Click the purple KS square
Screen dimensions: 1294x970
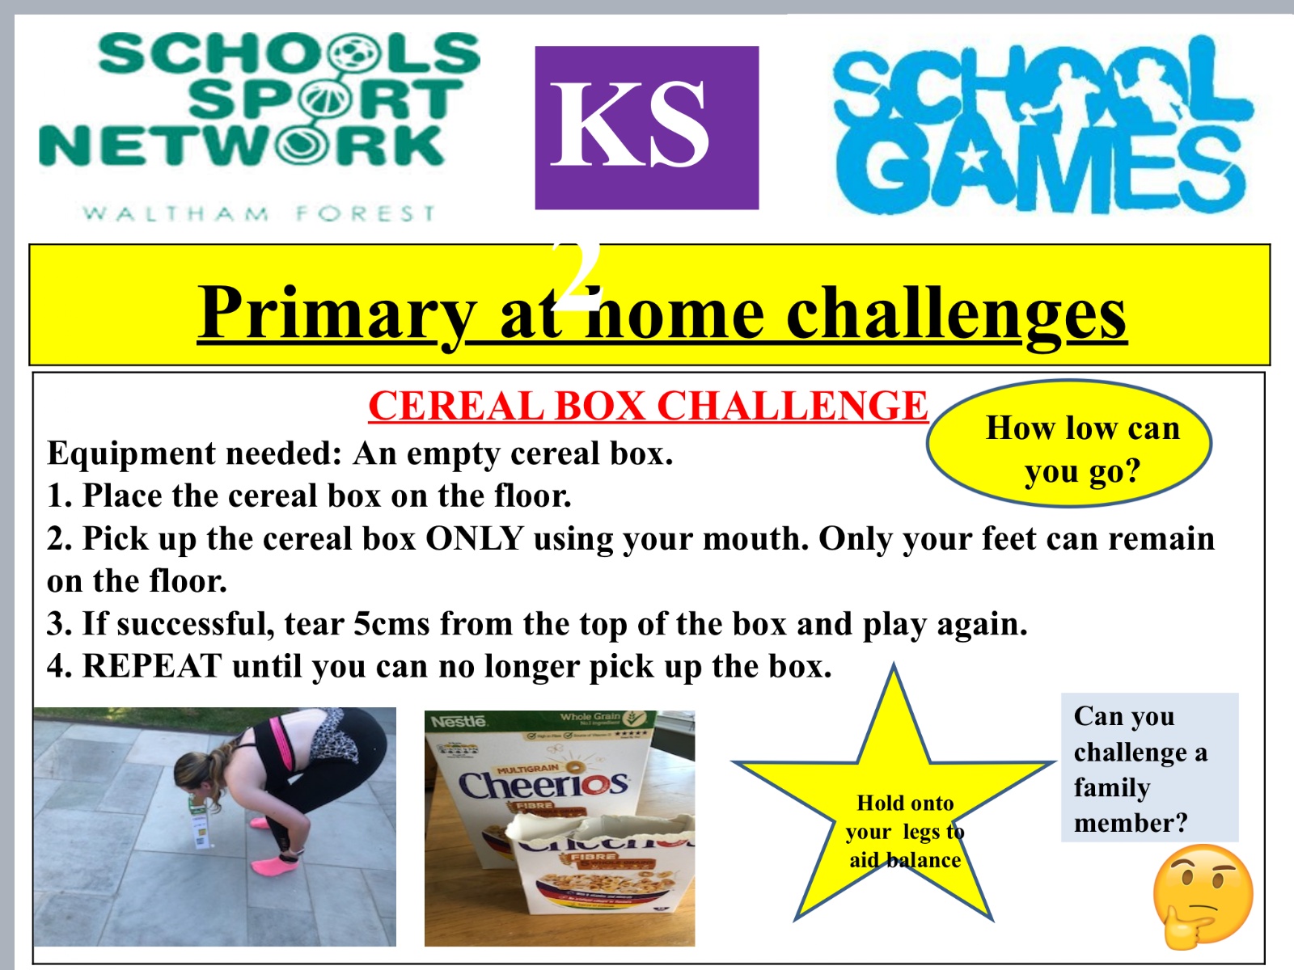tap(647, 128)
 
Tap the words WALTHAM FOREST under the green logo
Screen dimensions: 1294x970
tap(260, 213)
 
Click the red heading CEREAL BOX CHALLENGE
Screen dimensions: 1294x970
tap(648, 406)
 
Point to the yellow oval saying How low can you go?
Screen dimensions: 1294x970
tap(1069, 444)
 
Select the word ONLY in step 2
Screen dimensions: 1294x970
tap(475, 538)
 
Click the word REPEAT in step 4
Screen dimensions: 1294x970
tap(152, 666)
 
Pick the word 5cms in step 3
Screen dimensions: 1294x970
tap(391, 624)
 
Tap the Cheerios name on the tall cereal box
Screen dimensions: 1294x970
tap(543, 784)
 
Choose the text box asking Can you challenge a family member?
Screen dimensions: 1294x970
tap(1149, 767)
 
